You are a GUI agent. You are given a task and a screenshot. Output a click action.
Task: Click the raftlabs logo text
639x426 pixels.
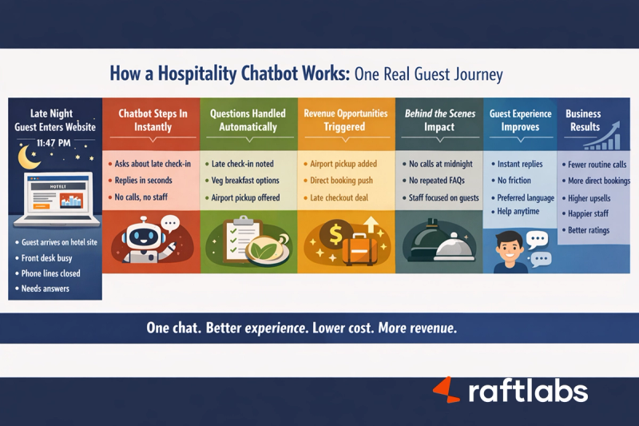point(527,392)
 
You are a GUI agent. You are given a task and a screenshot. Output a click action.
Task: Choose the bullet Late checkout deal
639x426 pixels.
point(345,197)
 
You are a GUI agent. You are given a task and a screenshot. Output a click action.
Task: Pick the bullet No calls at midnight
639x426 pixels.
point(440,164)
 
